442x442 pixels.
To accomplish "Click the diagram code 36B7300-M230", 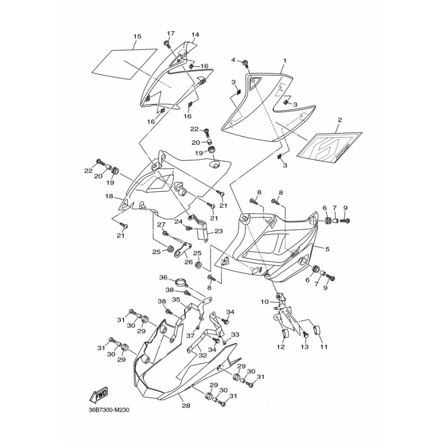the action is [109, 409].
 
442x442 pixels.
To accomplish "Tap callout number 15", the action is [137, 36].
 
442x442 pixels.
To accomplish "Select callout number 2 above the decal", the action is [340, 120].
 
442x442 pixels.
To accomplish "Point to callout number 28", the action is [186, 406].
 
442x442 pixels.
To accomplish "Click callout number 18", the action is [109, 196].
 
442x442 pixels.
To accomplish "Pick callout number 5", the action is [327, 249].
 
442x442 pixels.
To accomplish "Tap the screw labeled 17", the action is [167, 44].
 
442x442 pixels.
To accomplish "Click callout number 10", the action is [265, 302].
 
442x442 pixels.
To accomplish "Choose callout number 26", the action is [188, 262].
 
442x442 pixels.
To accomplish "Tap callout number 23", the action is [218, 231].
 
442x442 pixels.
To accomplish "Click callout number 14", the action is [195, 35].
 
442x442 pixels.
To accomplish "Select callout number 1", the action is [285, 61].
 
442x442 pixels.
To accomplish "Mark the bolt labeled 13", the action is [305, 335].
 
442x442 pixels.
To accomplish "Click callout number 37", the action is [191, 336].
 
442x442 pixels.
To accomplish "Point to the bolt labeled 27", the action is [166, 233].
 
